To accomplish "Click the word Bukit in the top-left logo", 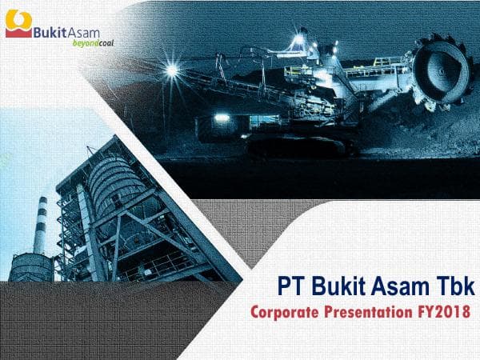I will point(47,32).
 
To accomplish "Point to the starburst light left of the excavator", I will point(171,70).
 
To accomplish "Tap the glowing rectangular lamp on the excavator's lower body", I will point(222,118).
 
